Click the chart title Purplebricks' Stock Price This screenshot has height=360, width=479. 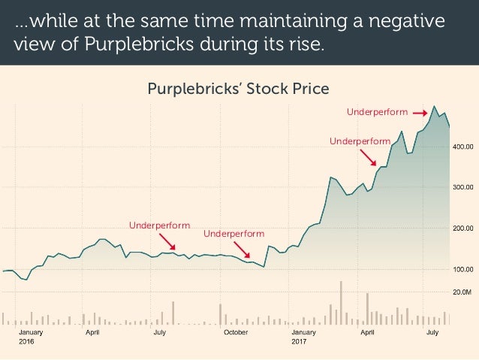(x=238, y=89)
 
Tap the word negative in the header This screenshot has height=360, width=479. (x=407, y=21)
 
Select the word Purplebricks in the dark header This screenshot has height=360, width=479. (x=139, y=44)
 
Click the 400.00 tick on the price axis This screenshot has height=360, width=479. (x=462, y=147)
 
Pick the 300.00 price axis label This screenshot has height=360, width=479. (x=462, y=187)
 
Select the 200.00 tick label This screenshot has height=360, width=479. (x=462, y=228)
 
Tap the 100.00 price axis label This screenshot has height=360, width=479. (x=462, y=270)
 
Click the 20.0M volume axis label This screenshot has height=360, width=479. (x=462, y=292)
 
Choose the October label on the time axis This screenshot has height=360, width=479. (x=236, y=332)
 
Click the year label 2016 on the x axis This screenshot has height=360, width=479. (x=26, y=341)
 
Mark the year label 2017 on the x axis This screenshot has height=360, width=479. (x=299, y=341)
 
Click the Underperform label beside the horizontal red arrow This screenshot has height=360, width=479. (x=378, y=112)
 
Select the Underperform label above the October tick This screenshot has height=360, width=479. (x=234, y=234)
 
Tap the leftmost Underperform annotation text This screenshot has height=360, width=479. (x=159, y=225)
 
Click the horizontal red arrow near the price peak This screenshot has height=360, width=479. (x=420, y=113)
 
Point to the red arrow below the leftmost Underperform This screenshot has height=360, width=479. (x=167, y=242)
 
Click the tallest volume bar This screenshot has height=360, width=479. (x=341, y=303)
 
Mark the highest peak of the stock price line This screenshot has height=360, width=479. (x=434, y=106)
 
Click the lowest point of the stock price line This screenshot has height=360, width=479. (x=26, y=280)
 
